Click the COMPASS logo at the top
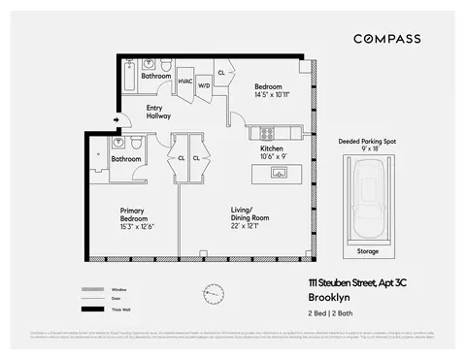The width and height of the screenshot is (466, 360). (386, 38)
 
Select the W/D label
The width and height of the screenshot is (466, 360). (204, 85)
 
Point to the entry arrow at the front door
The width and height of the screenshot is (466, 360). (117, 121)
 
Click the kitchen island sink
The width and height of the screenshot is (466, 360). (278, 173)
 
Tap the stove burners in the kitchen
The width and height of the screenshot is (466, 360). (261, 132)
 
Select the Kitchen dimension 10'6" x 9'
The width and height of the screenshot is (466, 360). (272, 156)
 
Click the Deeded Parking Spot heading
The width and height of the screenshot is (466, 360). (368, 141)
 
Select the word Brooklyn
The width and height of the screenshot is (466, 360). (328, 297)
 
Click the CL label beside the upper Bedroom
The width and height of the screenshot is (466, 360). (221, 73)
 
